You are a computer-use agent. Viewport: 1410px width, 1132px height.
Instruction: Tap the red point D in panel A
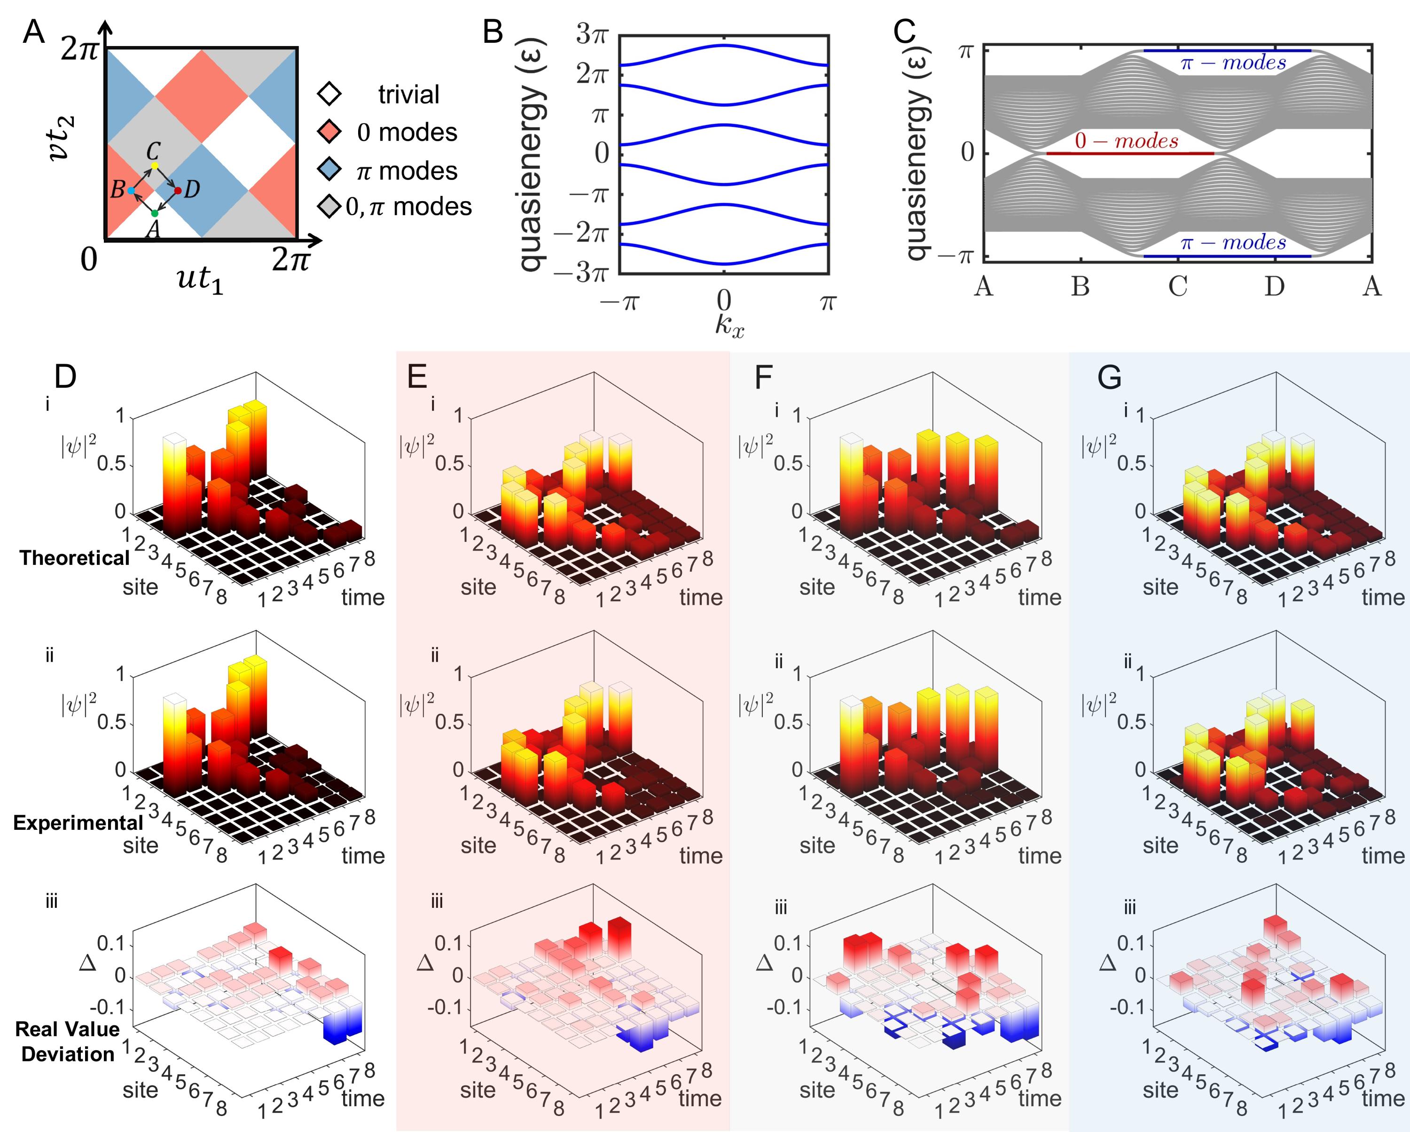pos(178,190)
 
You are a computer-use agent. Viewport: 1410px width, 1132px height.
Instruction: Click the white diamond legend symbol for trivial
pos(329,94)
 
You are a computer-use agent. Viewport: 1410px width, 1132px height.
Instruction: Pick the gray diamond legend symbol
pos(329,207)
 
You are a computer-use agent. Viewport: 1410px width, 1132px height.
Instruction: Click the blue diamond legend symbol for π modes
pos(329,171)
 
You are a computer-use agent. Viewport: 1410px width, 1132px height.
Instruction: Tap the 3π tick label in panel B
pos(591,34)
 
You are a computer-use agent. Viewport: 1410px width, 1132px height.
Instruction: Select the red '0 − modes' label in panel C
pos(1126,141)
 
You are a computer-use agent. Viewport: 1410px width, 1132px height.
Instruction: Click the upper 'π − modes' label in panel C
pos(1233,63)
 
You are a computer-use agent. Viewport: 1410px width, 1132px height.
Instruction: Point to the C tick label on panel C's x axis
pos(1178,287)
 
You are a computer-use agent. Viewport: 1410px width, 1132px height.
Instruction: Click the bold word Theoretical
pos(75,558)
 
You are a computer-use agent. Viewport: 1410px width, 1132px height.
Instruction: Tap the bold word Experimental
pos(78,823)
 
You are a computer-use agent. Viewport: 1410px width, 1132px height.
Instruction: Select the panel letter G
pos(1110,378)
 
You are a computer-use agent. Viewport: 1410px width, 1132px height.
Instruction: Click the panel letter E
pos(417,377)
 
